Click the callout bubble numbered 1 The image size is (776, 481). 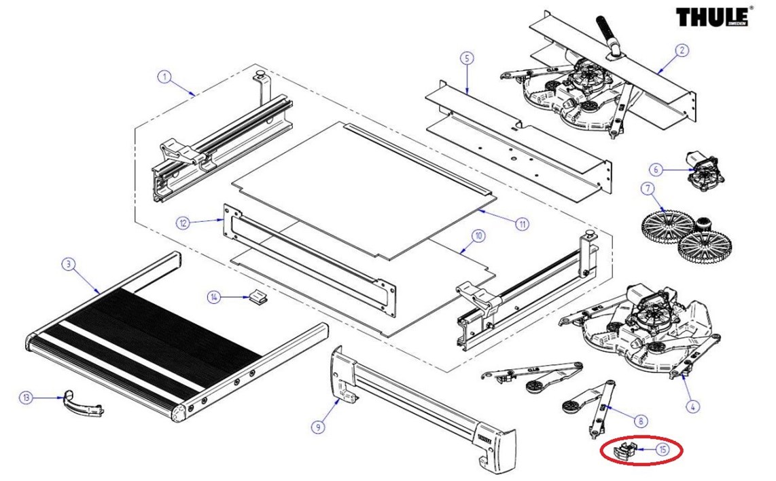(x=164, y=77)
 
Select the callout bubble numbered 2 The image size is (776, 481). (x=682, y=50)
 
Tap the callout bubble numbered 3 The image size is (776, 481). (x=67, y=264)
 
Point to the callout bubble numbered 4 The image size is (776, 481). (x=692, y=407)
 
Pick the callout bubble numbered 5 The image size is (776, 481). (x=466, y=58)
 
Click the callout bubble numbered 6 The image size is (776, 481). (x=655, y=169)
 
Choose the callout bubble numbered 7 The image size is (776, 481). (x=647, y=187)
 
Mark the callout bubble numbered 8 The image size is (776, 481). (x=641, y=421)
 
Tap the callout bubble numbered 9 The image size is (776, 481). (x=317, y=427)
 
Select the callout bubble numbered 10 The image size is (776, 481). (x=478, y=236)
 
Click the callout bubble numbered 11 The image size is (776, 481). (x=523, y=223)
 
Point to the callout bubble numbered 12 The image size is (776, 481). (x=182, y=223)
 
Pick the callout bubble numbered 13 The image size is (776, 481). (x=26, y=397)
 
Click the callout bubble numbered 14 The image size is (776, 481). (x=214, y=297)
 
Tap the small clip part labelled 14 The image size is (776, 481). (x=255, y=296)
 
